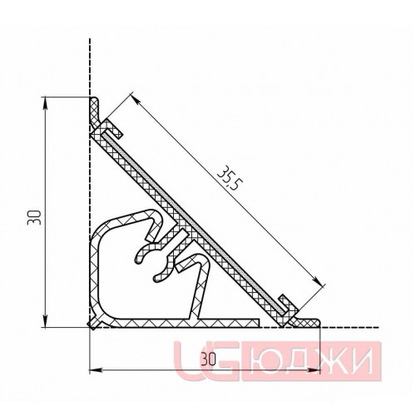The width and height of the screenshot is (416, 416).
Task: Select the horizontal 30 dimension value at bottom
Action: coord(208,360)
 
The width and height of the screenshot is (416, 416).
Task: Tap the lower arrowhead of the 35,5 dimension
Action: coord(318,280)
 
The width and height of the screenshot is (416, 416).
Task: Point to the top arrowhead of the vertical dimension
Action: coord(46,103)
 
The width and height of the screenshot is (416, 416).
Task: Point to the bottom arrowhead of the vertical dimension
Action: coord(46,321)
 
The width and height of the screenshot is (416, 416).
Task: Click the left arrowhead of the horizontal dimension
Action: coord(96,370)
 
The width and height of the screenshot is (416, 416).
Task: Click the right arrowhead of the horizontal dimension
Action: coord(314,370)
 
